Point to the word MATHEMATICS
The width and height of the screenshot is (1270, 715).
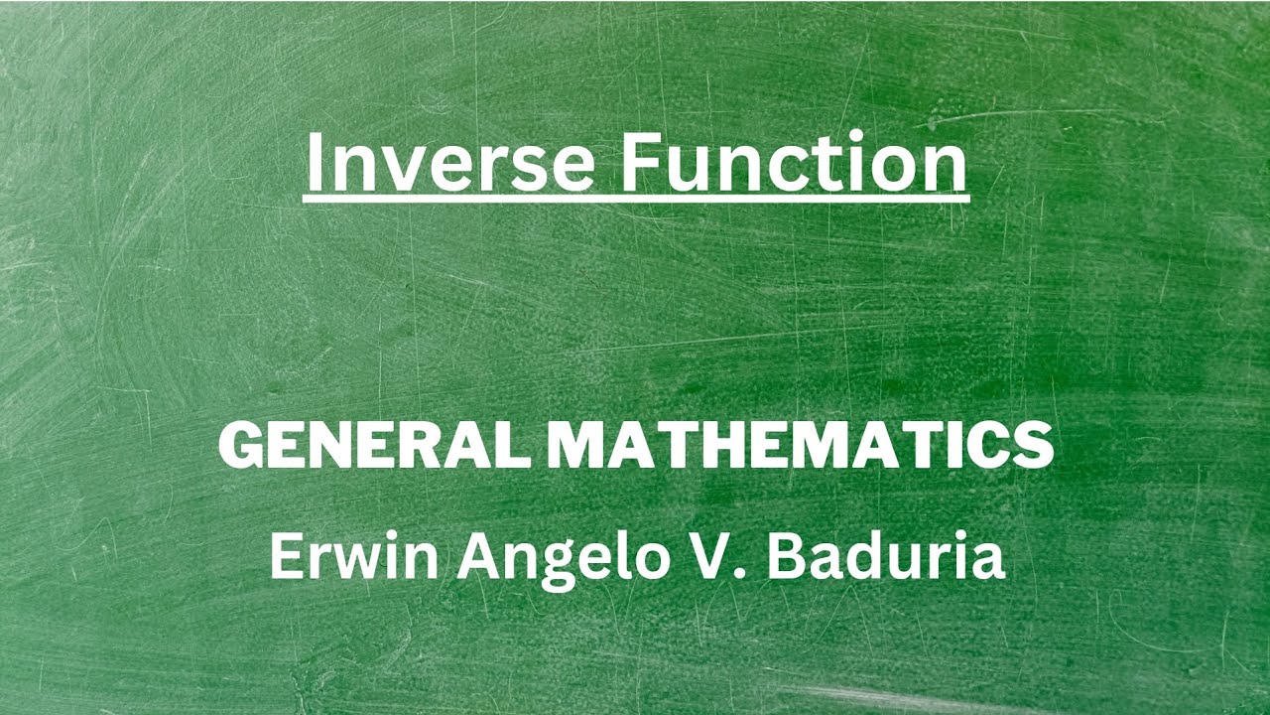coord(800,446)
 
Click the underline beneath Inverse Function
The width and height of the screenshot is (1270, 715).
coord(635,200)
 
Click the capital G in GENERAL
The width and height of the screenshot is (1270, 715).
coord(239,446)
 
